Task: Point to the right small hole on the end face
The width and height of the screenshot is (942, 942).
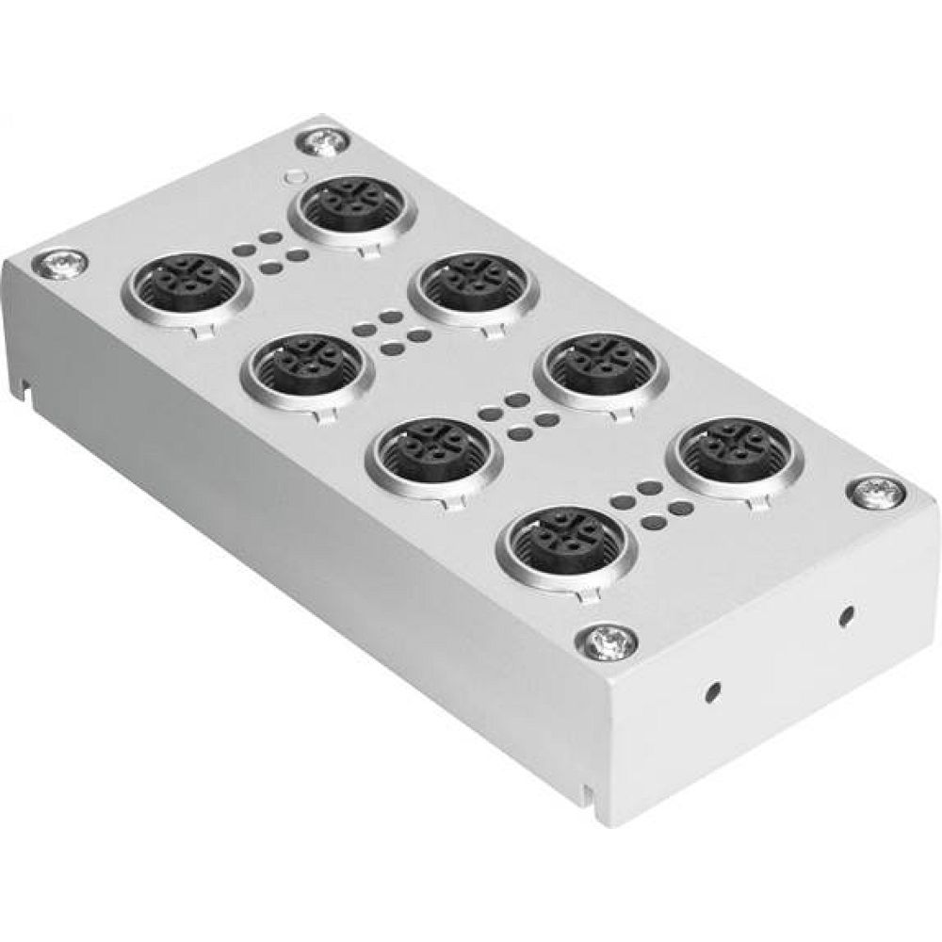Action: coord(847,615)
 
